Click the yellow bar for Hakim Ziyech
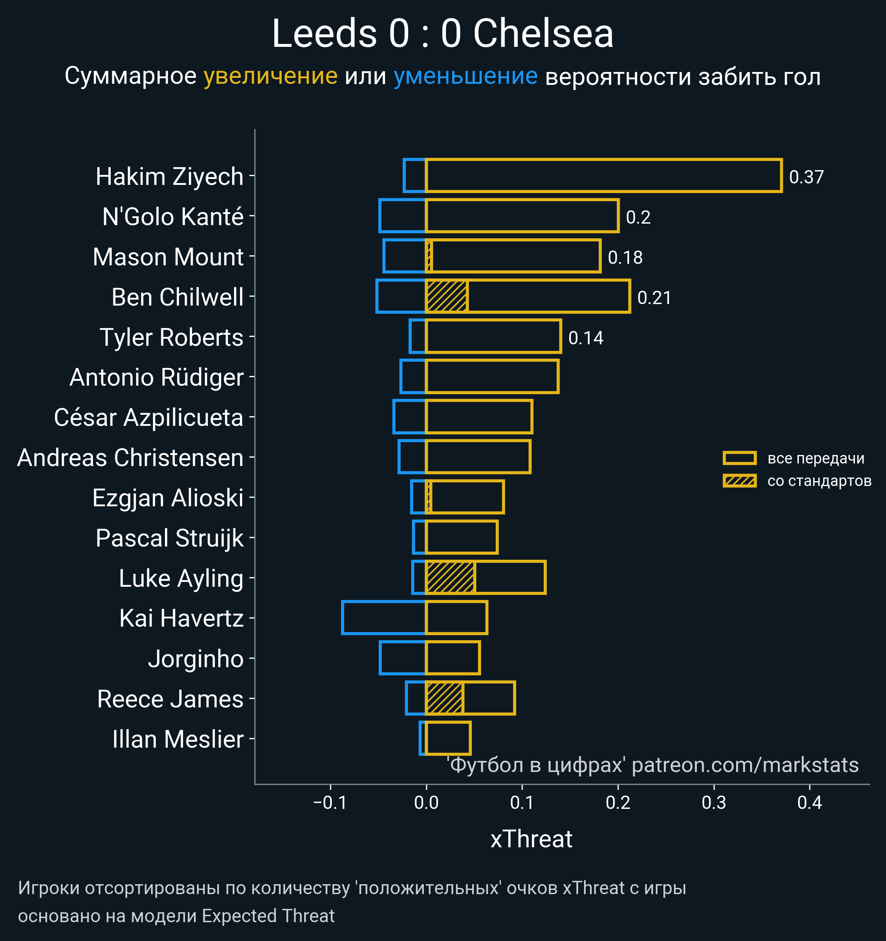pos(603,176)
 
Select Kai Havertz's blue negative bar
pos(384,617)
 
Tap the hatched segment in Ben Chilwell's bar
pos(447,296)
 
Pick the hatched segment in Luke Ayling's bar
pos(450,577)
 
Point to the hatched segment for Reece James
pos(444,698)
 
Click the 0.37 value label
pos(806,177)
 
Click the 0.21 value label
pos(654,298)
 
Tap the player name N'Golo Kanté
pos(173,217)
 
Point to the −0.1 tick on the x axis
pos(330,803)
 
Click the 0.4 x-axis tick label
pos(809,803)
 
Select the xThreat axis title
pos(531,839)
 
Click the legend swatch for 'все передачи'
pos(739,458)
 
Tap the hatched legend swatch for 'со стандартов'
pos(739,481)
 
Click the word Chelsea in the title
pos(543,34)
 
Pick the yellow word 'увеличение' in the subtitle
pos(270,76)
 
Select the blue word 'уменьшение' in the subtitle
pos(466,76)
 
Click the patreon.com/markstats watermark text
pos(745,765)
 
